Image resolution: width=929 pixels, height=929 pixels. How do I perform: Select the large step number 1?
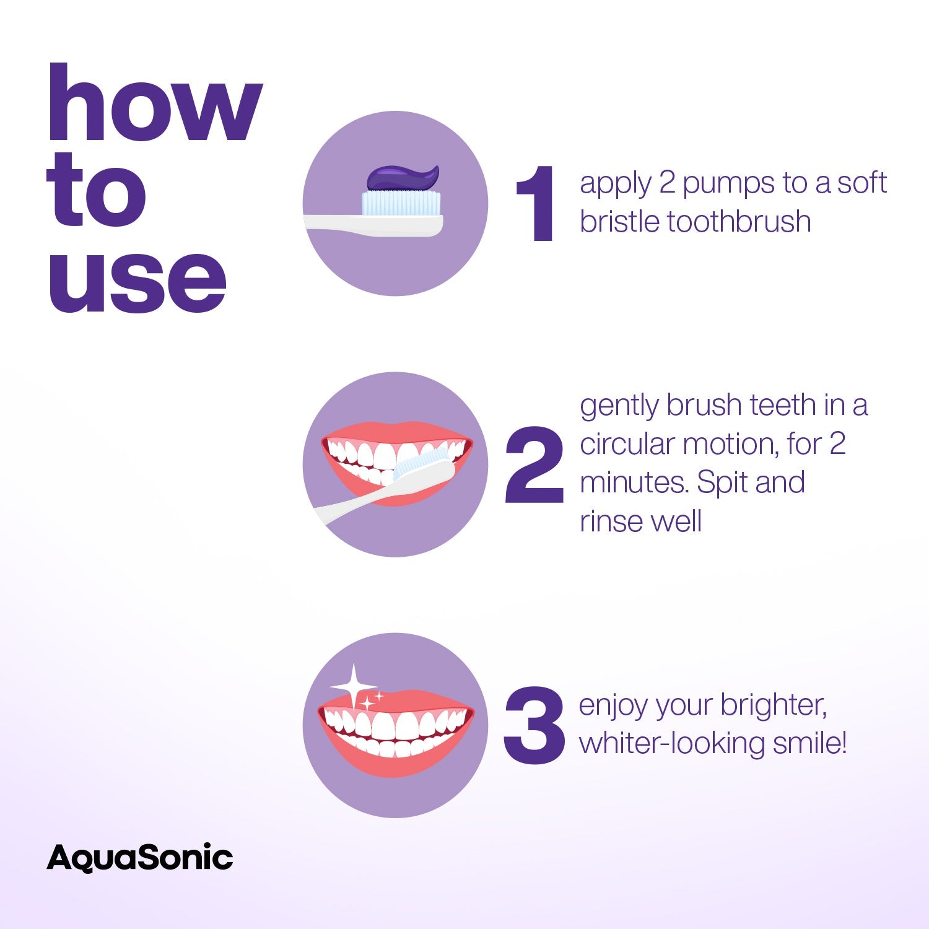click(536, 204)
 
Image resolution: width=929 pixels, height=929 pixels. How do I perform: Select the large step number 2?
click(534, 464)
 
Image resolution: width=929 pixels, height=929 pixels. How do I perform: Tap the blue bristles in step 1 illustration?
click(401, 203)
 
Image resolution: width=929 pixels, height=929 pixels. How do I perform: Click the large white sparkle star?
click(352, 686)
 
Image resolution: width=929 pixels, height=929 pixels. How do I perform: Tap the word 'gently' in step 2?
click(619, 406)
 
